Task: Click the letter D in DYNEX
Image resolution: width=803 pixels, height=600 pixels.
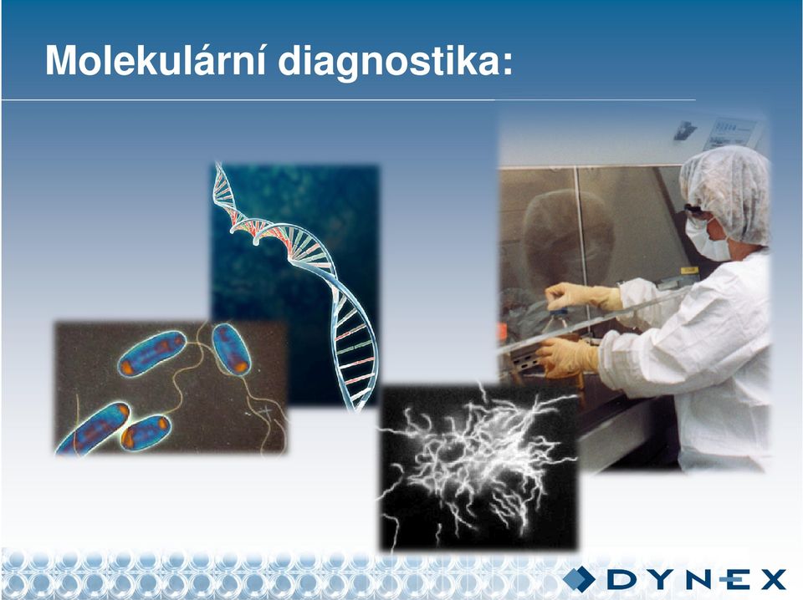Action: [621, 580]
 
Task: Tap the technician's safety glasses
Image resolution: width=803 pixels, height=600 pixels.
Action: [696, 211]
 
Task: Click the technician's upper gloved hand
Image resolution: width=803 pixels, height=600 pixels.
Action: [583, 297]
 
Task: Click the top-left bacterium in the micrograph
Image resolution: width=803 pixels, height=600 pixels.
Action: [151, 353]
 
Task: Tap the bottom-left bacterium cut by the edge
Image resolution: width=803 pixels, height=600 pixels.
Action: [93, 429]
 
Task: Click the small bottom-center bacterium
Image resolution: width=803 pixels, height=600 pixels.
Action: [146, 433]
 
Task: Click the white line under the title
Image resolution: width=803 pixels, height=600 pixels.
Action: [349, 99]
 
